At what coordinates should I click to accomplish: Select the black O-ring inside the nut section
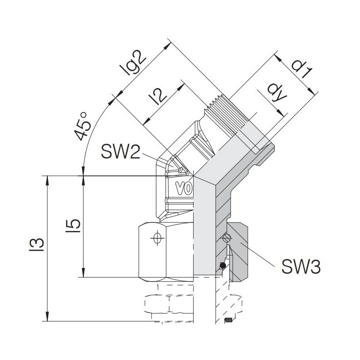coord(222,266)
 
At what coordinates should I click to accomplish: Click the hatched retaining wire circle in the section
coord(226,238)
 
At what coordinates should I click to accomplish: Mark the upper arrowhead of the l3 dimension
coord(47,179)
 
